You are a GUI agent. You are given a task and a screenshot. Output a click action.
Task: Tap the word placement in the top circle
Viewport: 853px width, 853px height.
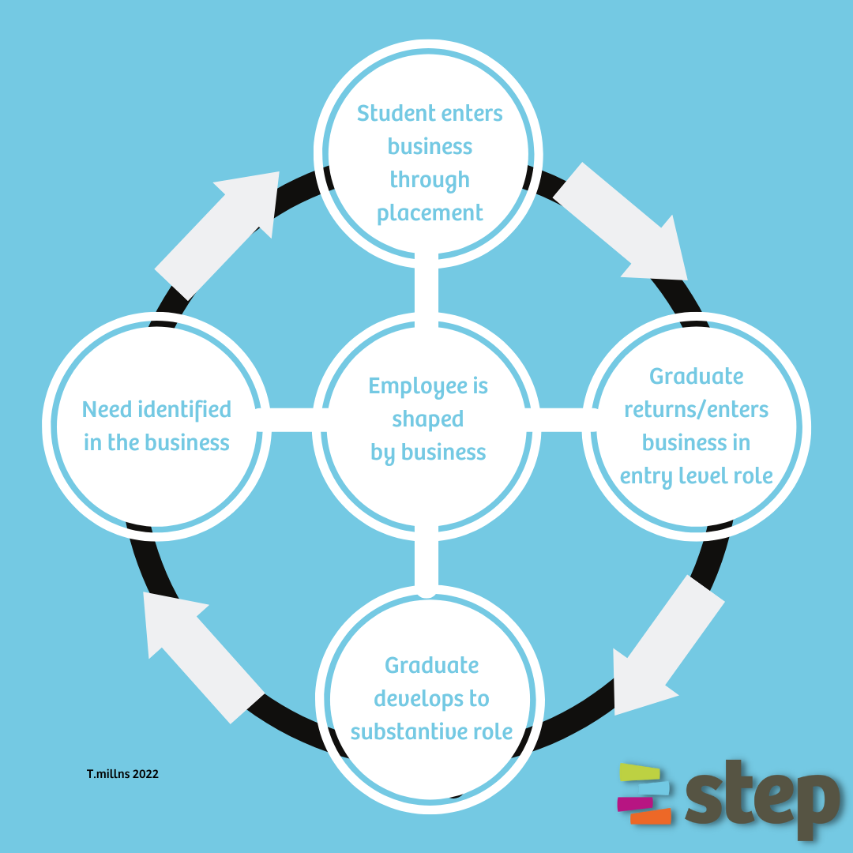coord(430,213)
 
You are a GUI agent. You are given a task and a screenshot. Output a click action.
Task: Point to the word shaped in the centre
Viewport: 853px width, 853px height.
coord(427,419)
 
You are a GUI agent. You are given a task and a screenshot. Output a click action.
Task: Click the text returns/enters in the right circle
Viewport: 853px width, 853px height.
coord(696,410)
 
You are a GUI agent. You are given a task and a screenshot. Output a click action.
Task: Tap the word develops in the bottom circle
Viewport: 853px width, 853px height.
coord(431,699)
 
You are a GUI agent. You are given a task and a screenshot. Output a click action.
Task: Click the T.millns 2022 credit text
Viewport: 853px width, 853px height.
coord(122,774)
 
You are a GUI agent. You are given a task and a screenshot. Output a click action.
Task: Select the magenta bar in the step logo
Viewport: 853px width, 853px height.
coord(634,802)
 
